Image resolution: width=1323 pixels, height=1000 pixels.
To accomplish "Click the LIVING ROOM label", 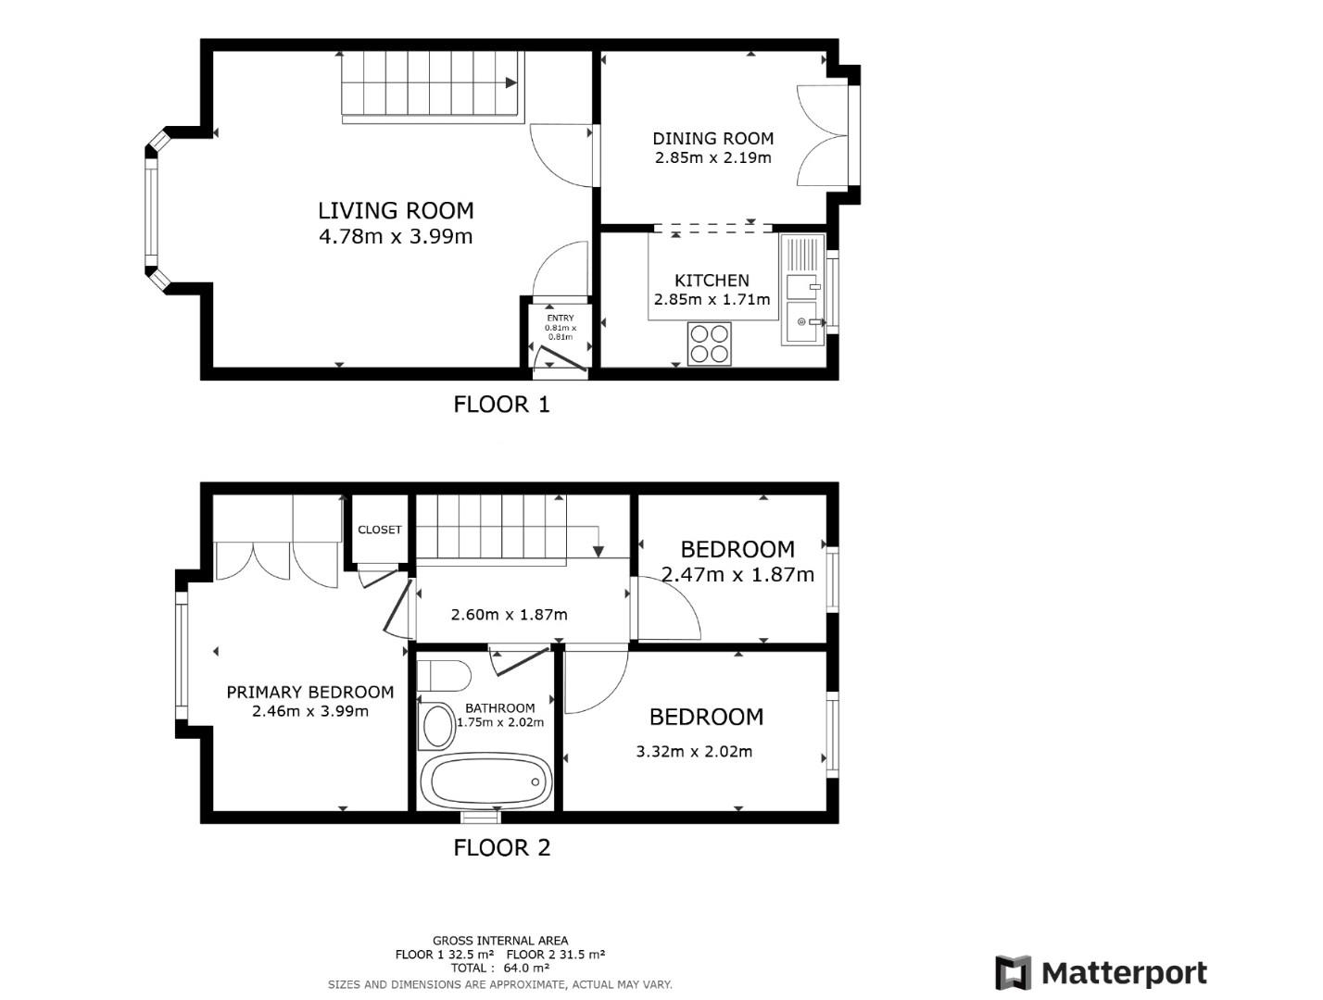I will pos(396,211).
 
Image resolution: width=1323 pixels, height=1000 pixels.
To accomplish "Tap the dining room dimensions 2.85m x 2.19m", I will pos(712,158).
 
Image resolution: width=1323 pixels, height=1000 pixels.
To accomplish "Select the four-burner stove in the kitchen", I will pos(710,344).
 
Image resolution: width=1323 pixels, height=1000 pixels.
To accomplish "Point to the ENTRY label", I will pos(560,319).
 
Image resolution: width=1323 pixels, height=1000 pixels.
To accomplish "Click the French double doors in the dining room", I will pos(823,137).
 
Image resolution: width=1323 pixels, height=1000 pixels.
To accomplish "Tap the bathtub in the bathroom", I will pos(485,781).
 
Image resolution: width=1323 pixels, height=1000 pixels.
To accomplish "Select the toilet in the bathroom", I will pos(443,675).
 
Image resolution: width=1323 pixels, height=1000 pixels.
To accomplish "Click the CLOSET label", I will pos(380,530).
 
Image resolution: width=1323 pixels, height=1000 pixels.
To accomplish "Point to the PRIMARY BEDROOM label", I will pos(310,693).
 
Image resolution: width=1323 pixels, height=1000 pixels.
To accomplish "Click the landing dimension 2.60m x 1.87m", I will pos(509,615).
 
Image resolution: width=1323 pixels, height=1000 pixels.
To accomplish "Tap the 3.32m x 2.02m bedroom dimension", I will pos(694,752).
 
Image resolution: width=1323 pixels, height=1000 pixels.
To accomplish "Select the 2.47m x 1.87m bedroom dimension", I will pos(737,575).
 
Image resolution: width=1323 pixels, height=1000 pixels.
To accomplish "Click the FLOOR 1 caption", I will pos(501,405).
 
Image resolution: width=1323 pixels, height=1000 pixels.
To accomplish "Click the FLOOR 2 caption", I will pos(501,848).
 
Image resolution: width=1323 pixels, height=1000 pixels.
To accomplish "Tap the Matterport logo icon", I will pos(1013,973).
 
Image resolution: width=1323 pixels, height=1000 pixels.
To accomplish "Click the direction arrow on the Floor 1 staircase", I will pos(510,82).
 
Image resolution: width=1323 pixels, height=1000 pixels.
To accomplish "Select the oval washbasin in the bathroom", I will pos(437,727).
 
